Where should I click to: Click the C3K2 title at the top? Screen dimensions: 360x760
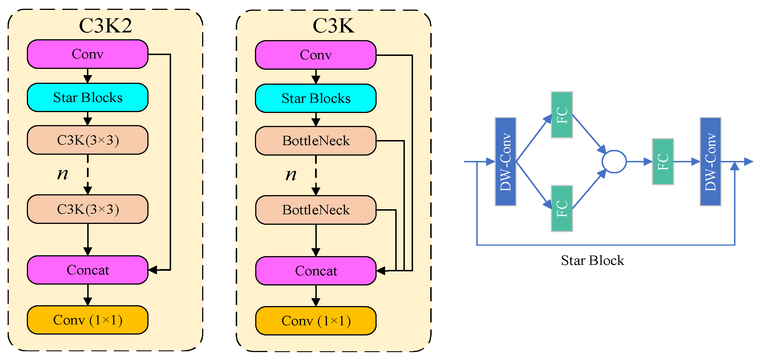(105, 25)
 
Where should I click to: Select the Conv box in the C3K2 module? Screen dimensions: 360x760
(88, 54)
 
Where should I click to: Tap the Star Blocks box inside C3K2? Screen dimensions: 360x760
(88, 97)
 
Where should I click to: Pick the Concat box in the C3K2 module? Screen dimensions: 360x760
(88, 270)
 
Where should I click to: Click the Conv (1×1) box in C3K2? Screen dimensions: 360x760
(88, 320)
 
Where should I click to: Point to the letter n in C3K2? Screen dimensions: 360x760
(63, 174)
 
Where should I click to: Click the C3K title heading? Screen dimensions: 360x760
(333, 26)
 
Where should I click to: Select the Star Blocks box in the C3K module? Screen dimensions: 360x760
(316, 98)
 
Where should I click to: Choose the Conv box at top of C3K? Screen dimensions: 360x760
(316, 55)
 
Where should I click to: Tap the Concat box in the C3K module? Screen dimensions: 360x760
(316, 271)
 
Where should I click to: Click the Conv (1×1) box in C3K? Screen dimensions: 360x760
(316, 321)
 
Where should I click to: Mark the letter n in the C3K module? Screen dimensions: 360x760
(291, 175)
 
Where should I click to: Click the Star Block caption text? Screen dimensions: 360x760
(592, 261)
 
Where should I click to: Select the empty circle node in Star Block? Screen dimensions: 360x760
(614, 162)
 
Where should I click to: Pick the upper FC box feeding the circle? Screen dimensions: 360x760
(562, 115)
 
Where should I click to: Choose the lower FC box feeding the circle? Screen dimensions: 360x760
(562, 209)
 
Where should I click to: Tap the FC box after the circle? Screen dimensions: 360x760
(663, 162)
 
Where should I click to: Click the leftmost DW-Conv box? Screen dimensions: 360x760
(505, 162)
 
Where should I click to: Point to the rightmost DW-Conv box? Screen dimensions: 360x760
(710, 162)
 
